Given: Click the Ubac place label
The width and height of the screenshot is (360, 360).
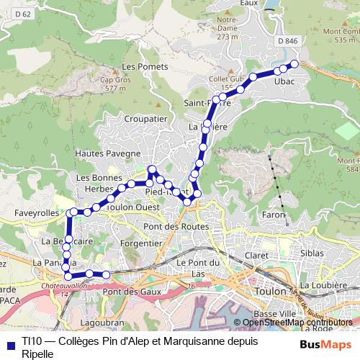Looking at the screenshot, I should (x=285, y=83).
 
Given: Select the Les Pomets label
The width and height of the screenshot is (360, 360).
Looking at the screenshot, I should (x=145, y=66).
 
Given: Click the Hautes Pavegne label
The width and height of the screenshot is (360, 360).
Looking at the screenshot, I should (x=112, y=153).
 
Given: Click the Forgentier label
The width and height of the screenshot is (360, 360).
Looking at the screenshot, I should (x=140, y=243).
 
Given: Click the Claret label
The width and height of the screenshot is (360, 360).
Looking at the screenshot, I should (x=256, y=255).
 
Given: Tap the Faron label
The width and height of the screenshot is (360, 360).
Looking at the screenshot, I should (x=274, y=215).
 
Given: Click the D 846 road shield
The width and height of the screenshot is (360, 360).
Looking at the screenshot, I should (x=287, y=42).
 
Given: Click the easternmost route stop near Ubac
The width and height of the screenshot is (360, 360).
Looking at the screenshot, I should (x=294, y=64).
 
